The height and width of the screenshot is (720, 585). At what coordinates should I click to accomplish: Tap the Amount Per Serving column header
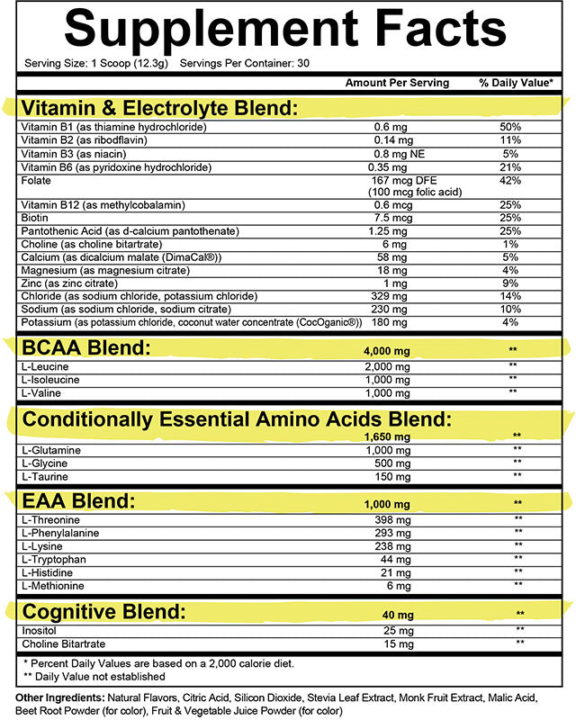397,83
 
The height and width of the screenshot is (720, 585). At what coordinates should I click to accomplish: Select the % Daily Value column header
516,83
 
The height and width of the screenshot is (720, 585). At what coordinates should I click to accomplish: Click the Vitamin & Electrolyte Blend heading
159,108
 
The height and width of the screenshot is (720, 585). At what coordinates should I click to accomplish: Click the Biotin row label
35,218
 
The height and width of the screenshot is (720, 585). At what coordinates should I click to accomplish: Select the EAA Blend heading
79,501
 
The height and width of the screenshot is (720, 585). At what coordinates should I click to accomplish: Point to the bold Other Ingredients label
60,697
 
